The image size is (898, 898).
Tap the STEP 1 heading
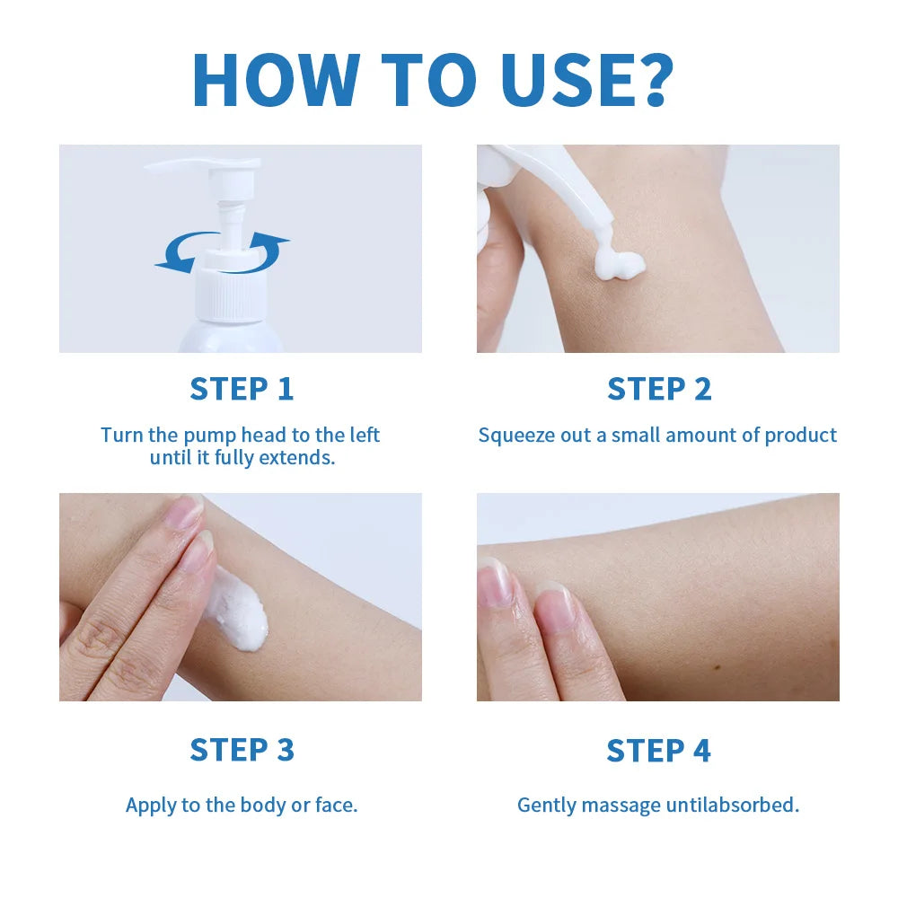[x=242, y=389]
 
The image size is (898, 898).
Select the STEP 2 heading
[x=658, y=389]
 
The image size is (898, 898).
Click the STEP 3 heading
[x=242, y=750]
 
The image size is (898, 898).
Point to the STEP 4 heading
[x=658, y=750]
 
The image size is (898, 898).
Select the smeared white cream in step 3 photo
[x=238, y=611]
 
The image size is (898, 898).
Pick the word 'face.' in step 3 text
[x=336, y=805]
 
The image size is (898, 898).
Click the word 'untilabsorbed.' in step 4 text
[x=731, y=805]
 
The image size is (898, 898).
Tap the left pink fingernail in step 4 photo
[x=494, y=582]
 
